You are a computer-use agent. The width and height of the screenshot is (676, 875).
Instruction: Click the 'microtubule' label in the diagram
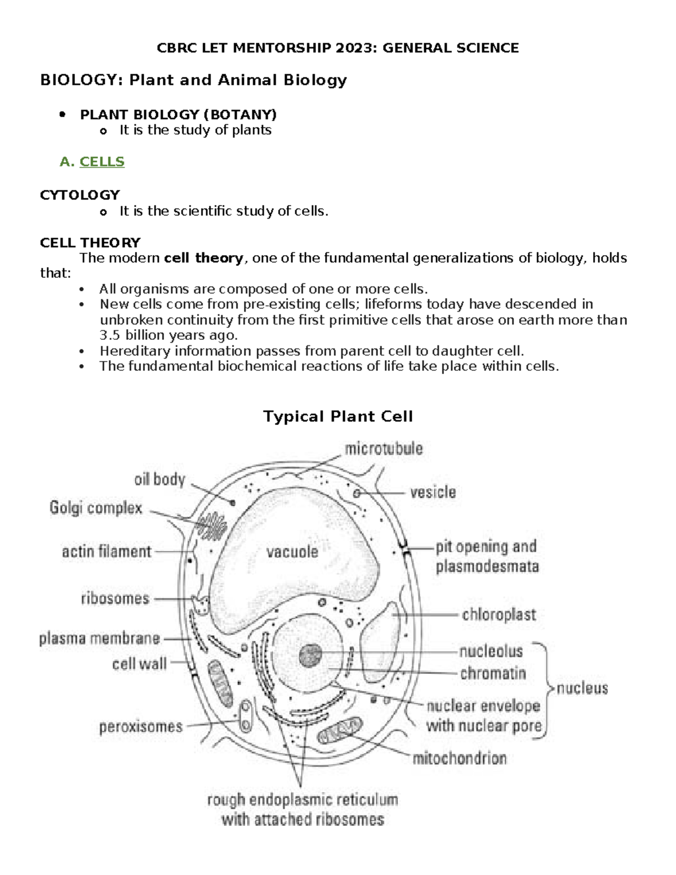(384, 449)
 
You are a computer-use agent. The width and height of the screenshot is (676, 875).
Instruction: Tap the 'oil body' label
(159, 479)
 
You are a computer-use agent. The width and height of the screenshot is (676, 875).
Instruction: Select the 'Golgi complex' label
(96, 508)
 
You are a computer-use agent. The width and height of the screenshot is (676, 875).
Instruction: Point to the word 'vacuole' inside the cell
(292, 552)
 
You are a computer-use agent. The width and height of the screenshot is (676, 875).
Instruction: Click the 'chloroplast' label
(499, 615)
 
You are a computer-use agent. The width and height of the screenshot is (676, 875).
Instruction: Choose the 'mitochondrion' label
(460, 758)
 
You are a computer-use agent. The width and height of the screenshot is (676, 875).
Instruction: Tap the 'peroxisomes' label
(141, 727)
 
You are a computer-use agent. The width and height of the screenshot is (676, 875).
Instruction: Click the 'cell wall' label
(139, 664)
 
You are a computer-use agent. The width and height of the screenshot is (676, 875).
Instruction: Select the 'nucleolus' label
(491, 652)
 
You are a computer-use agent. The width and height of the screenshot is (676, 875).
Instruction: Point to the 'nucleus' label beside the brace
(582, 688)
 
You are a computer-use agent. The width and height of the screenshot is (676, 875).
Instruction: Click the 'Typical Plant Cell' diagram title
(338, 417)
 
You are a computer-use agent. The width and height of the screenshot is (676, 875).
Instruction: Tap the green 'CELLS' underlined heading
(102, 162)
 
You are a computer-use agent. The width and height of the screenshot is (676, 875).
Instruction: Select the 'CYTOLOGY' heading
(79, 195)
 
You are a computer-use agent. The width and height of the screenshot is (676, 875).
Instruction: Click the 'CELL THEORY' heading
(90, 243)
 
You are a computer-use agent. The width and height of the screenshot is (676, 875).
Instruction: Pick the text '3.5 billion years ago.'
(168, 335)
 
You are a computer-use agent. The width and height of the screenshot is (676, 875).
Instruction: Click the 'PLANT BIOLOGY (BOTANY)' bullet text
(178, 115)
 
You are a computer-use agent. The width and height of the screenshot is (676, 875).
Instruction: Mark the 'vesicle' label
(433, 492)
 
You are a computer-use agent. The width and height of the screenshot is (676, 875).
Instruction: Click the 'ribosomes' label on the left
(115, 598)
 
